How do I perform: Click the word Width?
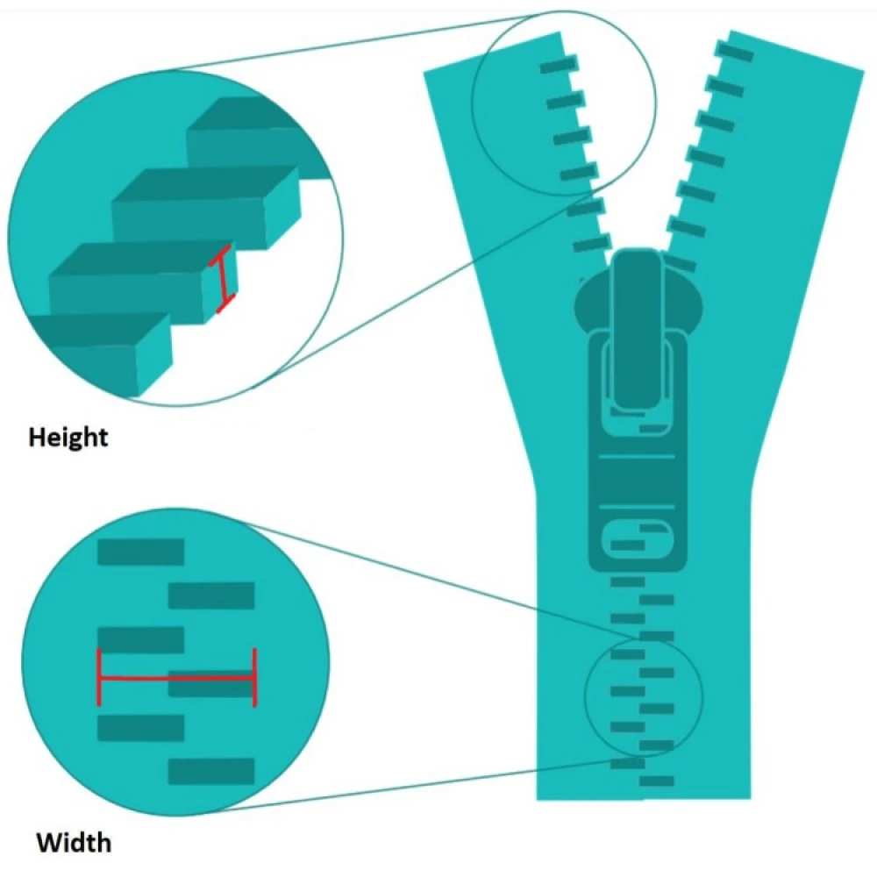(x=74, y=843)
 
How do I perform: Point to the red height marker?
(x=223, y=279)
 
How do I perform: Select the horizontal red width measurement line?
(x=175, y=677)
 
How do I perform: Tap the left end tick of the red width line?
(x=99, y=677)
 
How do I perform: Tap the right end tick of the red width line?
(x=254, y=677)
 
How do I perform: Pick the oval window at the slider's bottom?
(x=633, y=539)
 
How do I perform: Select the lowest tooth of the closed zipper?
(x=657, y=781)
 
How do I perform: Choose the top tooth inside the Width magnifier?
(x=140, y=552)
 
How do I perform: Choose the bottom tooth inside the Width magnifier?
(x=211, y=771)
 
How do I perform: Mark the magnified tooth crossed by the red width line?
(x=211, y=684)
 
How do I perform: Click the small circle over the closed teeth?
(x=645, y=695)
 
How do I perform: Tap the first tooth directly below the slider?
(x=628, y=581)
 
